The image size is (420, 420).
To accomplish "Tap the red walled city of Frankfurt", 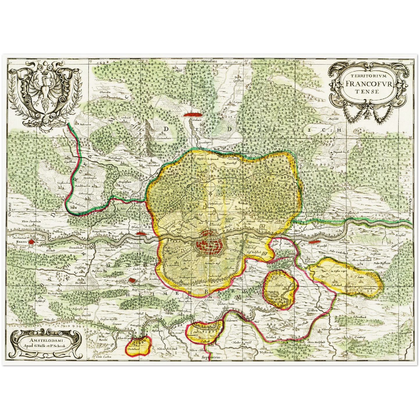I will point(209,241).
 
